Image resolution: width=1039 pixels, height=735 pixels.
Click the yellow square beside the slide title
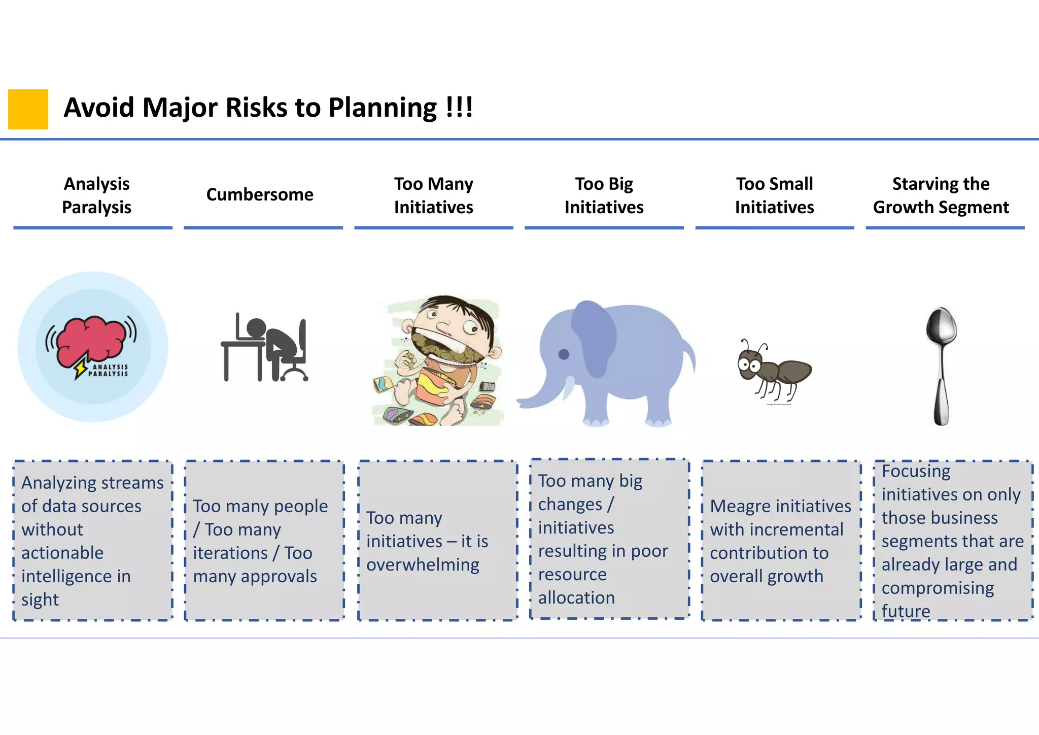point(28,109)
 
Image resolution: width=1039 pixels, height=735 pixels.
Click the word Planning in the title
point(382,108)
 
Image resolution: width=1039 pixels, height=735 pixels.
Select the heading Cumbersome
point(260,194)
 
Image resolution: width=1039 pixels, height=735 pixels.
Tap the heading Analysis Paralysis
point(96,195)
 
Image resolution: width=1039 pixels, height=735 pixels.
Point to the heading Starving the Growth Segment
point(941,195)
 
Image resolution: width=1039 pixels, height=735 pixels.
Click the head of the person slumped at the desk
point(256,327)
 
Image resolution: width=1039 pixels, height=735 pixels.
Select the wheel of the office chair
point(305,378)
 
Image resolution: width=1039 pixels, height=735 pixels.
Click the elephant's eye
point(564,354)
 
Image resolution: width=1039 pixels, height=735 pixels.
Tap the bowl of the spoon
point(941,326)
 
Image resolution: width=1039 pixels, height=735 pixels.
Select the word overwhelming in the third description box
point(423,565)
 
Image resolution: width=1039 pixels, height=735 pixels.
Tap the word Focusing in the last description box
point(916,471)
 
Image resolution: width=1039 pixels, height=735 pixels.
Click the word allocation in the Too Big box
point(576,598)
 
